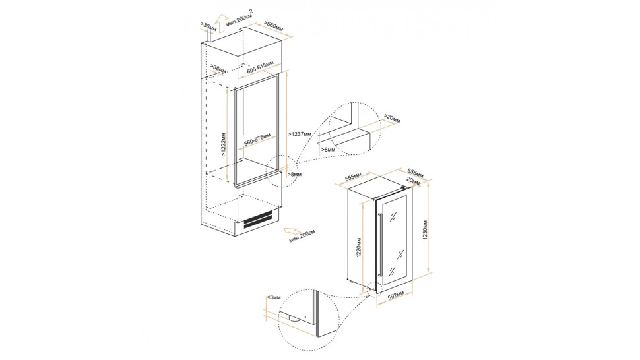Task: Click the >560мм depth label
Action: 274,25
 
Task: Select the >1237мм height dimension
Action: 300,134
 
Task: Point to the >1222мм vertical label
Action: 224,144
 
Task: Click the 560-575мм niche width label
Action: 257,139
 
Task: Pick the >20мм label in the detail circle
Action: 392,118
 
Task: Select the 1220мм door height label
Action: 359,247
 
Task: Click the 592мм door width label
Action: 395,296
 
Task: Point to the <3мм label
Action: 274,297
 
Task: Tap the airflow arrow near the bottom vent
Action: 292,231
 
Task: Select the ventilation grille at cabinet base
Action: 258,220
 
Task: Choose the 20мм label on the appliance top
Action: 413,180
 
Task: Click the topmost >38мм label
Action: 208,27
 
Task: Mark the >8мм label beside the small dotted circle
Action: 294,175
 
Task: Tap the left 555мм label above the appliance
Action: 354,177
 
